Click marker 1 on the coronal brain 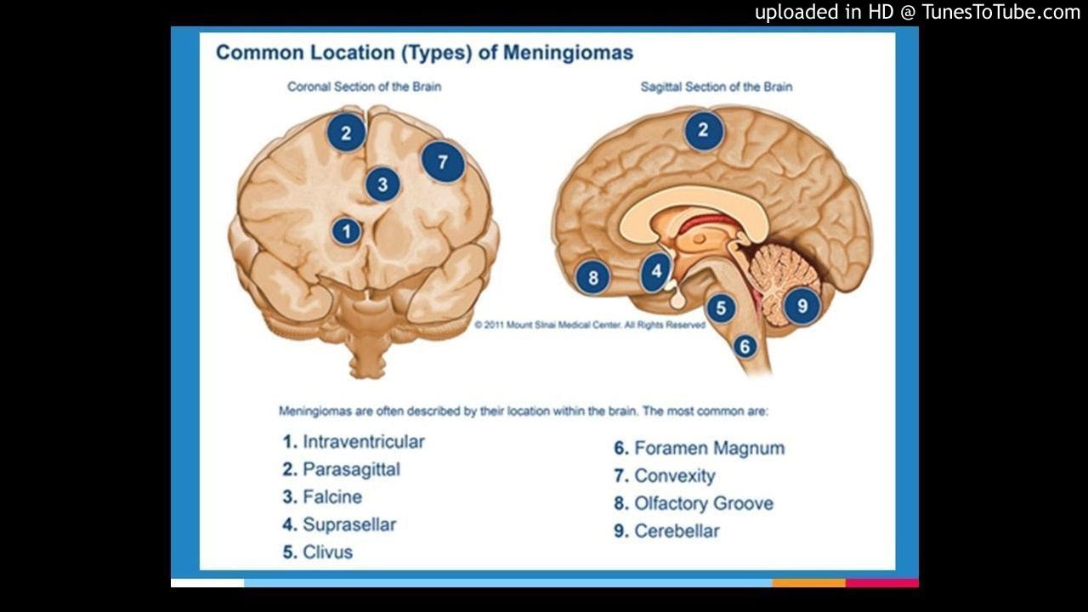(345, 231)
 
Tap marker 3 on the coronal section (383, 184)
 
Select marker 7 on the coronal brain (443, 161)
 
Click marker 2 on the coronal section (346, 133)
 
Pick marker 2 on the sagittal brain (703, 131)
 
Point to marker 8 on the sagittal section (592, 277)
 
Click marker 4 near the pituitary (656, 271)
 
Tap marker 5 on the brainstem (721, 308)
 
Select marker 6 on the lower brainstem (745, 346)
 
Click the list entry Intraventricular (363, 442)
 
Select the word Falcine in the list (332, 497)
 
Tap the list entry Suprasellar (349, 524)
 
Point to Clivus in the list (327, 552)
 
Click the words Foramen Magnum (709, 448)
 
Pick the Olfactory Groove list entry (704, 503)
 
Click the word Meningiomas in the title (568, 53)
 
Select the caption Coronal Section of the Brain (364, 87)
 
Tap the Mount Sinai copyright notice (590, 325)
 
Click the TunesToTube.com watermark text (1000, 12)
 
